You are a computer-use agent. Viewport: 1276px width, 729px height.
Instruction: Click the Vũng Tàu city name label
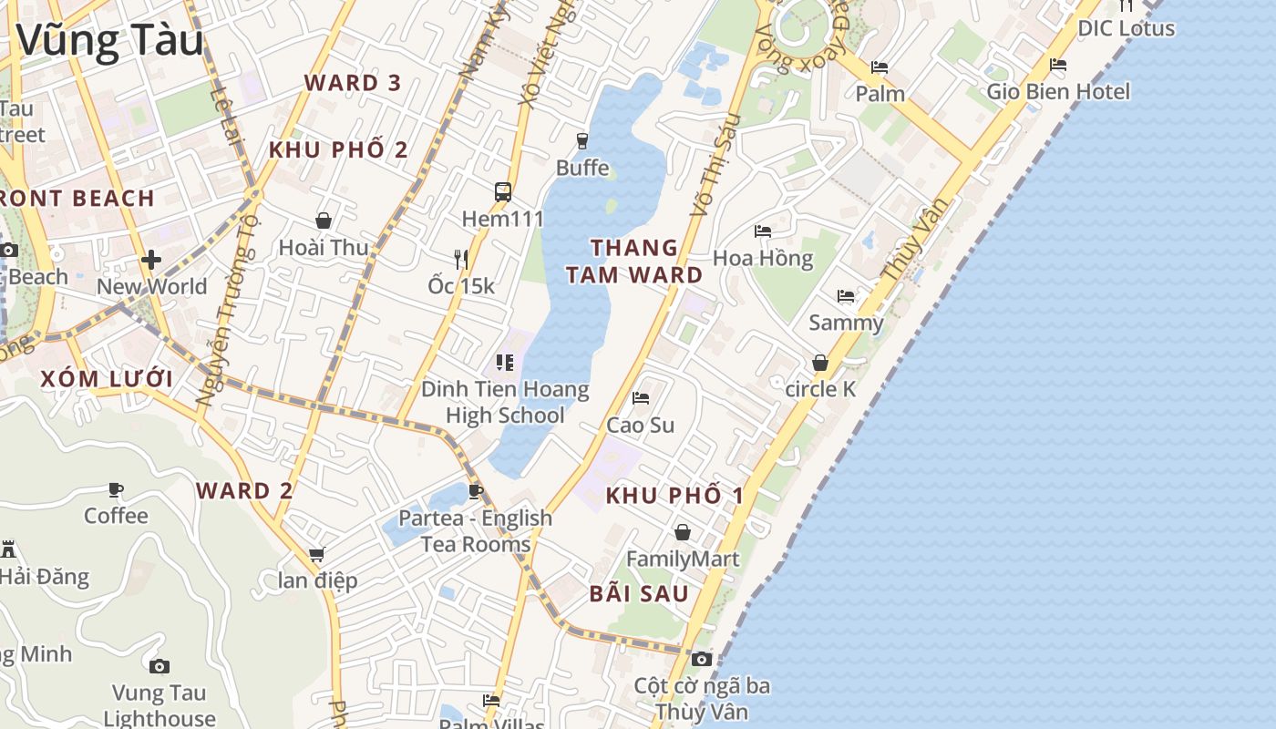click(109, 41)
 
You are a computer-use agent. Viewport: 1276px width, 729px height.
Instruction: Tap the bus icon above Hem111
click(503, 191)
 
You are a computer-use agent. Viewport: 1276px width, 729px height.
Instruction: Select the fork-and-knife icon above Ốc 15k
click(461, 260)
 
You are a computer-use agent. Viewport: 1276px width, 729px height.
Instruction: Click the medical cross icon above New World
click(151, 260)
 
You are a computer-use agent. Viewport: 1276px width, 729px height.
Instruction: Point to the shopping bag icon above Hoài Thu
click(324, 221)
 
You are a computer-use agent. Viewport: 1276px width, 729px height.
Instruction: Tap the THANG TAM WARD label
click(634, 261)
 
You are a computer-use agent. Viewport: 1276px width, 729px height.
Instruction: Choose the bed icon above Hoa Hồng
click(763, 231)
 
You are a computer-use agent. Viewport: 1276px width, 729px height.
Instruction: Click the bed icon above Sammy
click(846, 296)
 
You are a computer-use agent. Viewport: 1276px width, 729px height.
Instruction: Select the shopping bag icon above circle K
click(820, 363)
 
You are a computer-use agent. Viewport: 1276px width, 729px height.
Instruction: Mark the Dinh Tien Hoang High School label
click(505, 402)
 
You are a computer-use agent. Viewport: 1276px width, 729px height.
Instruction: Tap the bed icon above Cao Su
click(641, 398)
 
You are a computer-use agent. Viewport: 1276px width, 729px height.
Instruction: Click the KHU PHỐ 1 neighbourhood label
click(674, 496)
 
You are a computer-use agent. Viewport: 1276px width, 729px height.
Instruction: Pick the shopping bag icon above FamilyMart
click(683, 532)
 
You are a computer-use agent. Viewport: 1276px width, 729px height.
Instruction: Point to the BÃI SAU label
click(639, 594)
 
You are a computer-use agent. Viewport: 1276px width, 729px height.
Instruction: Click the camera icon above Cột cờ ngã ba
click(701, 659)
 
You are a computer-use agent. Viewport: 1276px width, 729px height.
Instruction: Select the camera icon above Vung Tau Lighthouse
click(159, 666)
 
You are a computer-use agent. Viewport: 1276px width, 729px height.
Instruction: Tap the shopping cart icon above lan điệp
click(317, 554)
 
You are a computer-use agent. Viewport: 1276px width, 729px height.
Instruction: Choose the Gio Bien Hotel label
click(1058, 91)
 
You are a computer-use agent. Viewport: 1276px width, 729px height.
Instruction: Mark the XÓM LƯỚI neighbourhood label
click(107, 379)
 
